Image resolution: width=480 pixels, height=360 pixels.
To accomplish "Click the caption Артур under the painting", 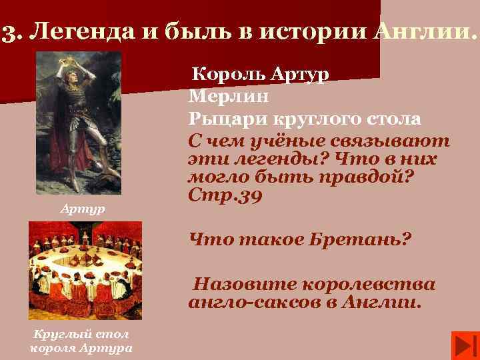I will coord(82,210).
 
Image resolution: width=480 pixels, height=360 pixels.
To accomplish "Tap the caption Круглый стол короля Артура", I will coord(81,341).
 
